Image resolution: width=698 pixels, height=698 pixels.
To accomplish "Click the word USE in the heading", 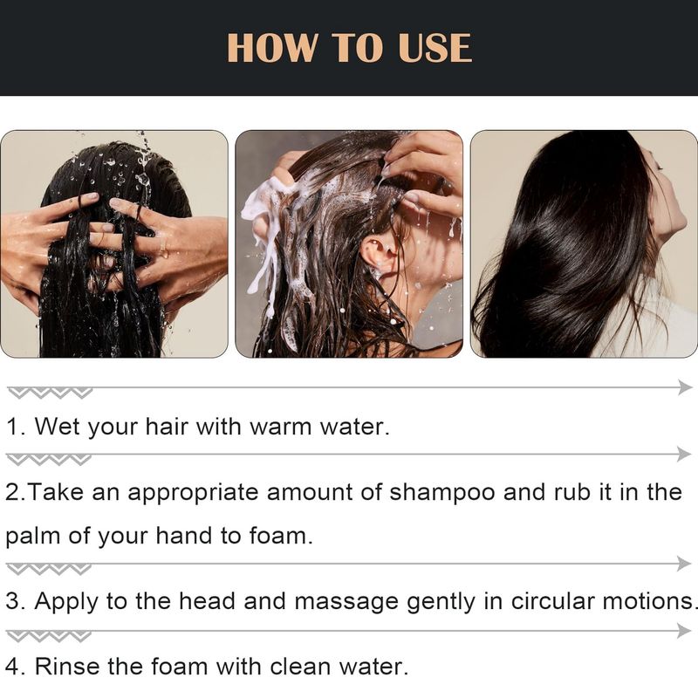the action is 435,48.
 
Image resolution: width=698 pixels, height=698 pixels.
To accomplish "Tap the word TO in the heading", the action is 358,48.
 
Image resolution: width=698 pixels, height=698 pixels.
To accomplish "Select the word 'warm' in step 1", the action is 280,427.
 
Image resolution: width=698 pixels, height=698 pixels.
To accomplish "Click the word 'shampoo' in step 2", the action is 442,492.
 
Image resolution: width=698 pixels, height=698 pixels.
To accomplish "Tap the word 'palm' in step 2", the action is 32,536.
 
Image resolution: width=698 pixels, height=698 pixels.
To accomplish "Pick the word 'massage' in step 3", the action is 346,601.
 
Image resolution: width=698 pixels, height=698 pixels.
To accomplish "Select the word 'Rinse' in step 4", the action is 67,667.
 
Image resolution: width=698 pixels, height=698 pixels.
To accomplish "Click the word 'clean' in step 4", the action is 300,667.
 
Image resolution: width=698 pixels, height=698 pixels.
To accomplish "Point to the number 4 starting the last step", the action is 13,667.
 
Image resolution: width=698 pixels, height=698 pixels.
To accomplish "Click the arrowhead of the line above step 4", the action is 684,631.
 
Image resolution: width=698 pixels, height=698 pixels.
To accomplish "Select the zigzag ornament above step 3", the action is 50,569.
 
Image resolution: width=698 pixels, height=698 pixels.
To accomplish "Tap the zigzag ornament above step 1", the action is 51,393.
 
